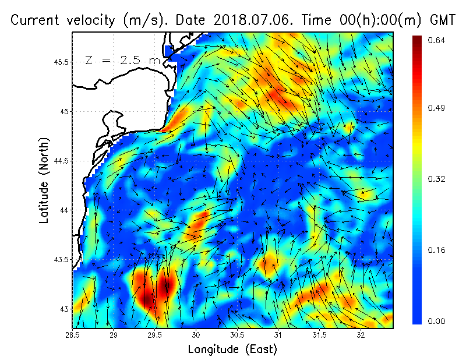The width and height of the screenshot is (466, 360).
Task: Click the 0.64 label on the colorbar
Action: click(437, 40)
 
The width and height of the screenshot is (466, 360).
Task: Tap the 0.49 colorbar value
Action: click(437, 108)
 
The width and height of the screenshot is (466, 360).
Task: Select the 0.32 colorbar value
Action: click(437, 179)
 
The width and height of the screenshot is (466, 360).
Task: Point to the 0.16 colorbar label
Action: click(437, 250)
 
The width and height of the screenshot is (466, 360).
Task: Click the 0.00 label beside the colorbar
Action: click(437, 321)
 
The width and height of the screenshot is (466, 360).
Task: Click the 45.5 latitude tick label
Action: click(61, 62)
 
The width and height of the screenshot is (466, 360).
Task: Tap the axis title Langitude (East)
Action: click(232, 350)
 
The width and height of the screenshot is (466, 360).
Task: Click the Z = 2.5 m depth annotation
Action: click(123, 60)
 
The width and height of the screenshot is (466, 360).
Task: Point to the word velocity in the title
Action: click(90, 20)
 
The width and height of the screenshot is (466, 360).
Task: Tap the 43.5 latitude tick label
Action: click(61, 259)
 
